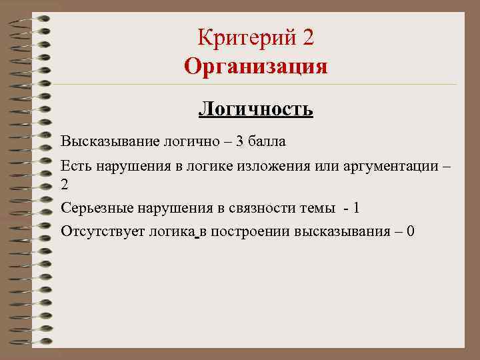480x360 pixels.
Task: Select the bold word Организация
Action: pyautogui.click(x=256, y=67)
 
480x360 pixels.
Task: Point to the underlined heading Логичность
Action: pyautogui.click(x=256, y=108)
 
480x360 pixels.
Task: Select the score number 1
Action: pyautogui.click(x=357, y=208)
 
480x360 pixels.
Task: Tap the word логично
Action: pyautogui.click(x=188, y=142)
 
